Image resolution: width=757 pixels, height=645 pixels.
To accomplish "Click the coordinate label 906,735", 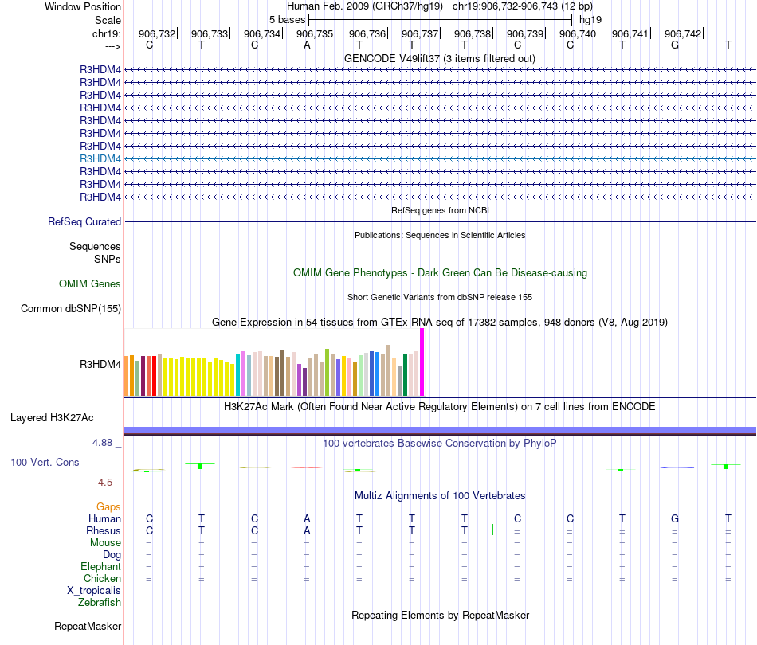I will [x=315, y=34].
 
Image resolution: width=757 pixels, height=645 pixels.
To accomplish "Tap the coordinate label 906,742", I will [x=683, y=34].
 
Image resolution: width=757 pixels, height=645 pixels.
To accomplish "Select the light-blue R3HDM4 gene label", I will [x=100, y=158].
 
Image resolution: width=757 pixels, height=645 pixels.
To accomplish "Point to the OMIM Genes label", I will [x=90, y=284].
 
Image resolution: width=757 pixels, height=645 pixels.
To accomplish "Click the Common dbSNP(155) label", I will [x=71, y=309].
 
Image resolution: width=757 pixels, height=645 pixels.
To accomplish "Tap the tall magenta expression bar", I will [x=422, y=362].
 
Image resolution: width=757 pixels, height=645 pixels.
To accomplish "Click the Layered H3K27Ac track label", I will [x=52, y=417].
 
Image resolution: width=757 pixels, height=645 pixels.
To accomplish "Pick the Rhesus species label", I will [x=104, y=531].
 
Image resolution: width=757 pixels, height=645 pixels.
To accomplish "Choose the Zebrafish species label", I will [x=100, y=603].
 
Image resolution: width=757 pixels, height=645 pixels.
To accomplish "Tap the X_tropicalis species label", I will [x=94, y=591].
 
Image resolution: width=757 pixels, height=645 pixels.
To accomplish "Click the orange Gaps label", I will [x=108, y=507].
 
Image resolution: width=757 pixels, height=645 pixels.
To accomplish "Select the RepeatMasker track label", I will [x=87, y=627].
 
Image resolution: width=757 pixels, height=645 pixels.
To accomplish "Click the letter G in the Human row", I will [x=675, y=519].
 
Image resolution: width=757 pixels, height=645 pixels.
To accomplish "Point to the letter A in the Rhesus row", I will [x=307, y=531].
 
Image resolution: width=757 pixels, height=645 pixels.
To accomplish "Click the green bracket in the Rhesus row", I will [x=493, y=530].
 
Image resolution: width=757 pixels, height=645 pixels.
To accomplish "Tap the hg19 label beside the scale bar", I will [x=590, y=19].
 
